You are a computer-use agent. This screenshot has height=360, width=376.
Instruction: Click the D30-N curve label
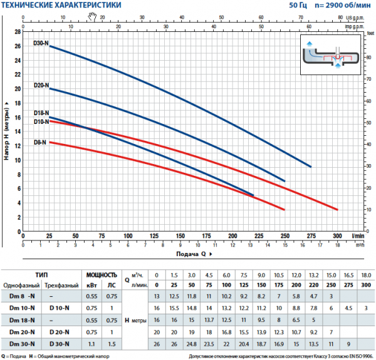point(40,44)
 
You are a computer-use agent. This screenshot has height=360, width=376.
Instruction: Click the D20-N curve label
point(40,85)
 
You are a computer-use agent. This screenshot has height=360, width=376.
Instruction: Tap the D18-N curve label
point(40,113)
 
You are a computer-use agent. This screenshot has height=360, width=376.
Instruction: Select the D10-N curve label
point(40,122)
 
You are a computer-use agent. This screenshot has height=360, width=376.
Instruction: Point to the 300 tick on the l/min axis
point(337,236)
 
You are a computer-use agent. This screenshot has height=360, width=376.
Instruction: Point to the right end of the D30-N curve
point(311,167)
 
